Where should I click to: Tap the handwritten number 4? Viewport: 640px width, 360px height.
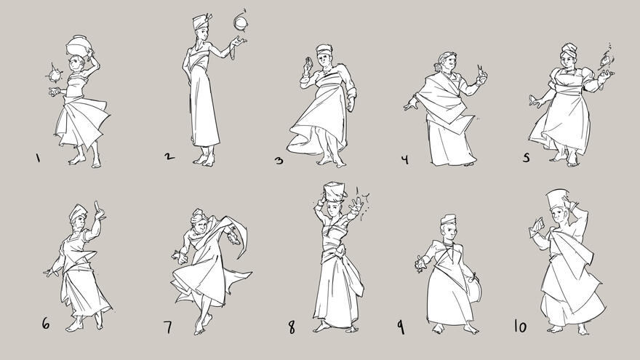pyautogui.click(x=404, y=159)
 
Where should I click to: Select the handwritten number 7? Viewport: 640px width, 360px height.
pyautogui.click(x=168, y=327)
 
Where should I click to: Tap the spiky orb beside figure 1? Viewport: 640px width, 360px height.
pyautogui.click(x=52, y=74)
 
